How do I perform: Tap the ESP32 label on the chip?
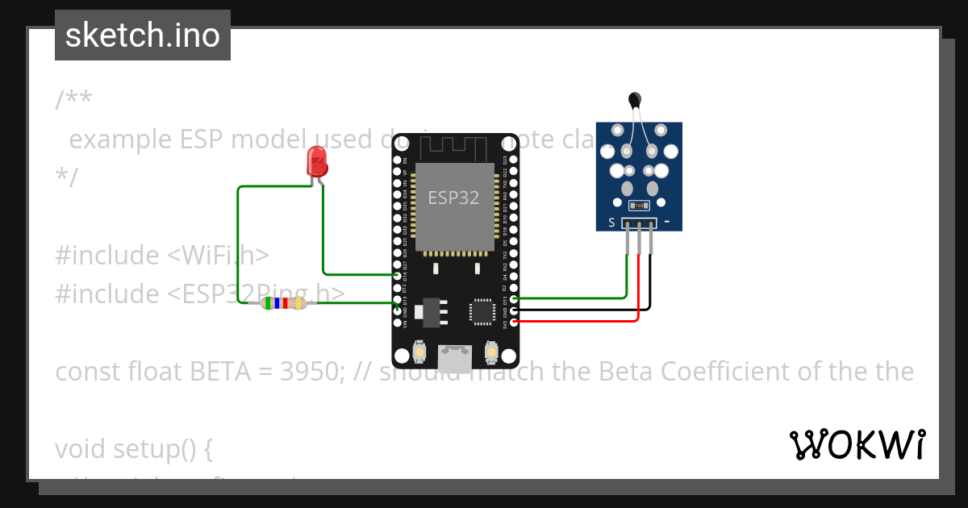453,198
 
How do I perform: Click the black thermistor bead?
635,100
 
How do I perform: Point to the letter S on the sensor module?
611,223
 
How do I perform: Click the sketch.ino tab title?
143,35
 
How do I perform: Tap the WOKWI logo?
857,444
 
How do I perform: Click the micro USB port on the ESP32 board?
456,358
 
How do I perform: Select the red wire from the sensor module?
639,290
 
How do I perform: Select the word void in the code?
83,449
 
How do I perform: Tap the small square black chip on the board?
482,311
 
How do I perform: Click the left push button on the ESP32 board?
419,352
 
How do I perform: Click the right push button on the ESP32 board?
490,352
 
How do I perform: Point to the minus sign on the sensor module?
667,221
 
